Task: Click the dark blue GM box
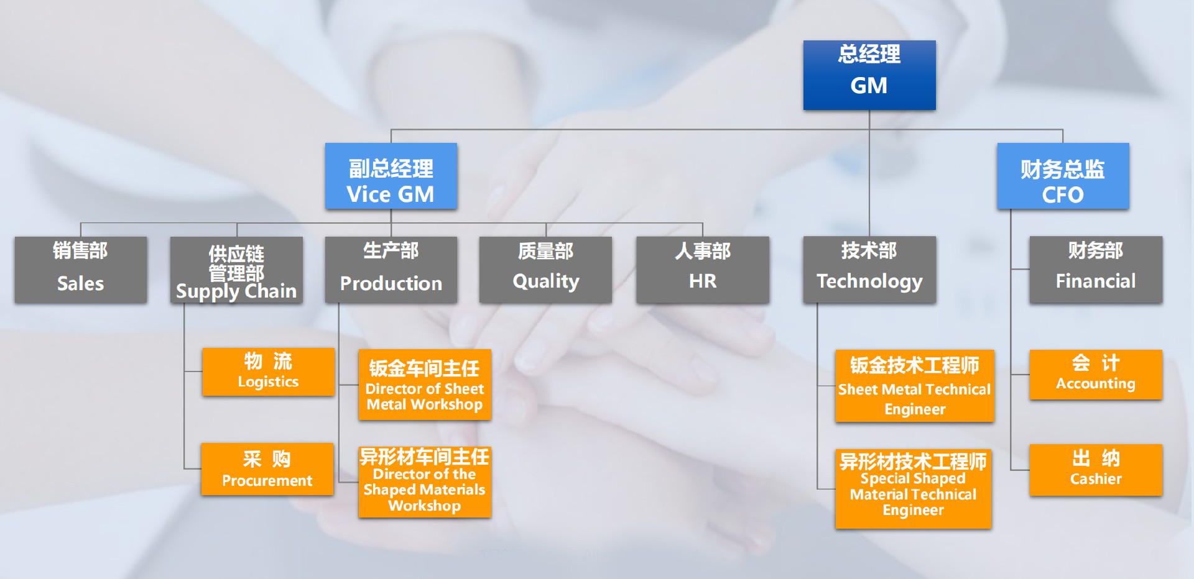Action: (x=869, y=75)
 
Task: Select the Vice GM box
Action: (x=391, y=176)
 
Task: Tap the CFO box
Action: (x=1063, y=176)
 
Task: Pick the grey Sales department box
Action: (x=81, y=270)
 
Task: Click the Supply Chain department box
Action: (x=236, y=270)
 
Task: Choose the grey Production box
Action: (x=391, y=270)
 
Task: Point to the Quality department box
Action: (x=545, y=270)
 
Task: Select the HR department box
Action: (x=703, y=270)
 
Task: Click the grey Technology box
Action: (x=869, y=270)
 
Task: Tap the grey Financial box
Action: (x=1096, y=270)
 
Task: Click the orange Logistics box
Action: (x=268, y=372)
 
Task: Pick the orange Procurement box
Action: (x=267, y=469)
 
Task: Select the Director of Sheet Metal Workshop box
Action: (x=425, y=385)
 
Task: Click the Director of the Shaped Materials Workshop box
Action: (x=425, y=482)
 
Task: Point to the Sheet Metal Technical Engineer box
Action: (x=915, y=386)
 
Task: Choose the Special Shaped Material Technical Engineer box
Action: (x=914, y=489)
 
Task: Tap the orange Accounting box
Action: (x=1096, y=375)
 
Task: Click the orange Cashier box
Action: (x=1096, y=470)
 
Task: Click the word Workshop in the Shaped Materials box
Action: (x=425, y=506)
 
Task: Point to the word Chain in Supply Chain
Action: (x=271, y=291)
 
